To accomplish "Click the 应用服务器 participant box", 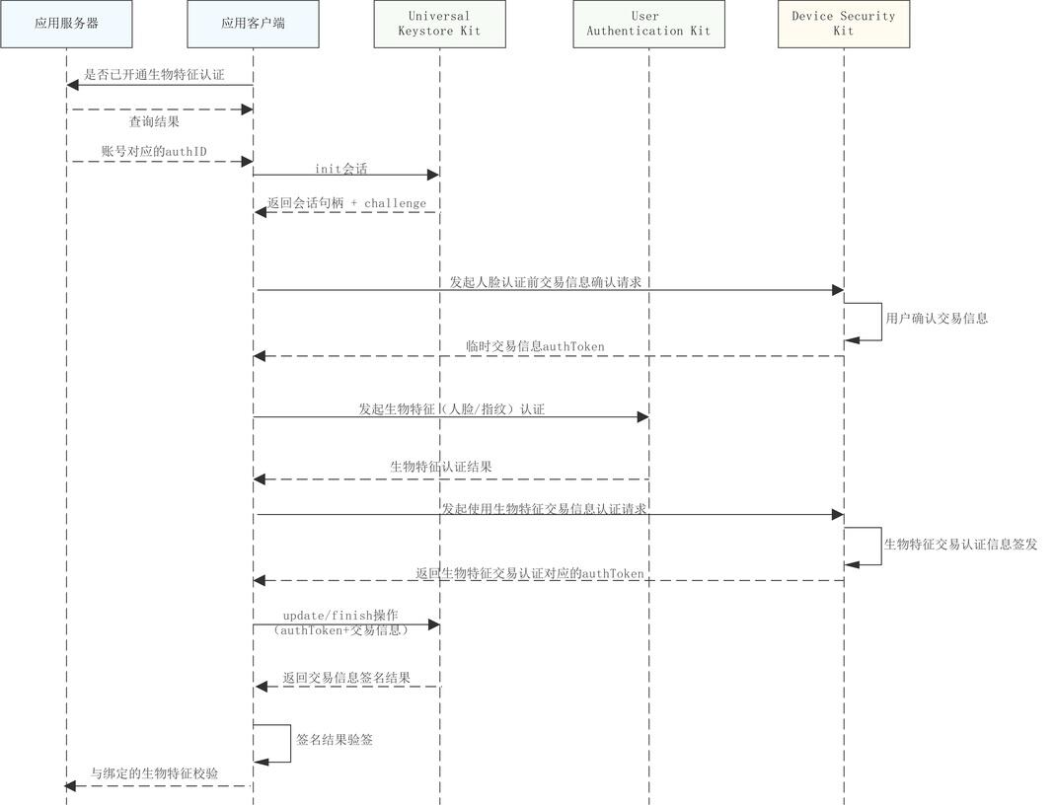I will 66,24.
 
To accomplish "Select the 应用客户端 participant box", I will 253,24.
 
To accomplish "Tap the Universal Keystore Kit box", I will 439,24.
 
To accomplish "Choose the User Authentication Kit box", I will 648,24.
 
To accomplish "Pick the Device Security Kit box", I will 844,24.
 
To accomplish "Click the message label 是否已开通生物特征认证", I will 154,75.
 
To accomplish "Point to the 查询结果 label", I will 154,122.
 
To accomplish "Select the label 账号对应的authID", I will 154,151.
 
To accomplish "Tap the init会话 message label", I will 341,169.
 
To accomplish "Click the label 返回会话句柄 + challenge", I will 346,203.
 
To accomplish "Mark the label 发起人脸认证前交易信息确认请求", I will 546,282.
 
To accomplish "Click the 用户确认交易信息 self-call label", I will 937,319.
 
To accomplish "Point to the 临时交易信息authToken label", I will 536,347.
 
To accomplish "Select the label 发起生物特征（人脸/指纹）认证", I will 451,408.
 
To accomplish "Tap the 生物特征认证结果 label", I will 441,467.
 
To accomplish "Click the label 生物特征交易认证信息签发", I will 960,545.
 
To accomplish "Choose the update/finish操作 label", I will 340,616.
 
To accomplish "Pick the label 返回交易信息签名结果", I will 346,679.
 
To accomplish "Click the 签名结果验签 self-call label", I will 335,740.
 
